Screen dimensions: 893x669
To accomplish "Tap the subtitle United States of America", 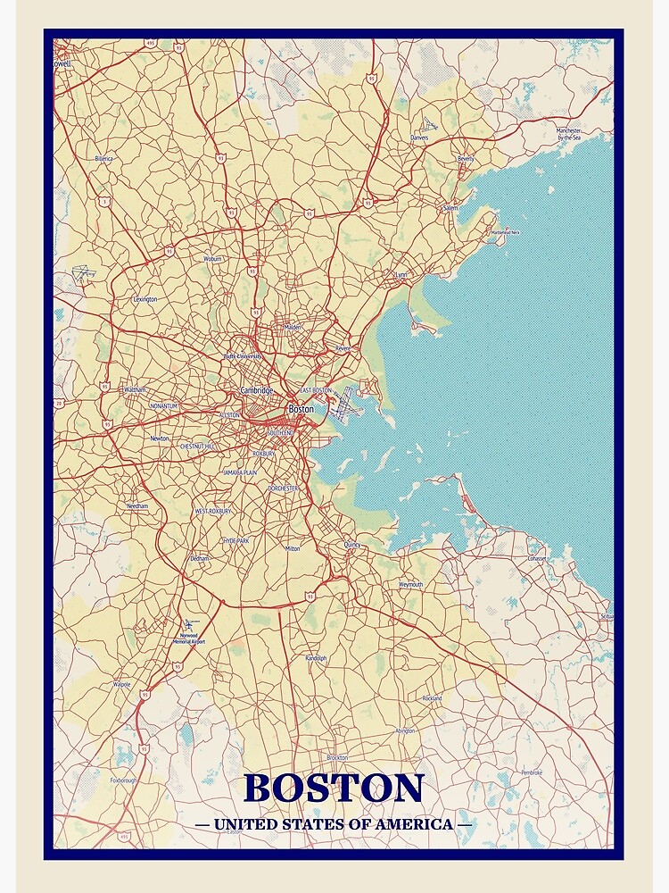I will click(333, 824).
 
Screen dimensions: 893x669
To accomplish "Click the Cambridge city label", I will click(257, 391).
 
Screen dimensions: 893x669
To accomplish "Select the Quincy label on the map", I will click(351, 544).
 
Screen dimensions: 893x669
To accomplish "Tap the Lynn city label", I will click(401, 275).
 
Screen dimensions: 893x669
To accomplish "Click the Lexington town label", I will click(145, 299).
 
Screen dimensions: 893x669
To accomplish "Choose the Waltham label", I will click(135, 390).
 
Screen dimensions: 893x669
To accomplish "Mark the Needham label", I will click(137, 506).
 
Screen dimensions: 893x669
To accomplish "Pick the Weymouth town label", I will click(410, 584).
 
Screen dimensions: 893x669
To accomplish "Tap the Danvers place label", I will click(419, 138).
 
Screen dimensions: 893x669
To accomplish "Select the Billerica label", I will click(104, 158).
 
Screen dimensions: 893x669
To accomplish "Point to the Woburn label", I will click(212, 259).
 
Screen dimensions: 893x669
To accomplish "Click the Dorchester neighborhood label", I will click(283, 488).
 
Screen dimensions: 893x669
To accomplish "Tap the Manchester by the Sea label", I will click(569, 134).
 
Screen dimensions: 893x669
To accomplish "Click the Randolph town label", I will click(316, 658).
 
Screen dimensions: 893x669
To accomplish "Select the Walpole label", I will click(121, 684).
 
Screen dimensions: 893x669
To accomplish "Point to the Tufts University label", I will click(243, 355).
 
